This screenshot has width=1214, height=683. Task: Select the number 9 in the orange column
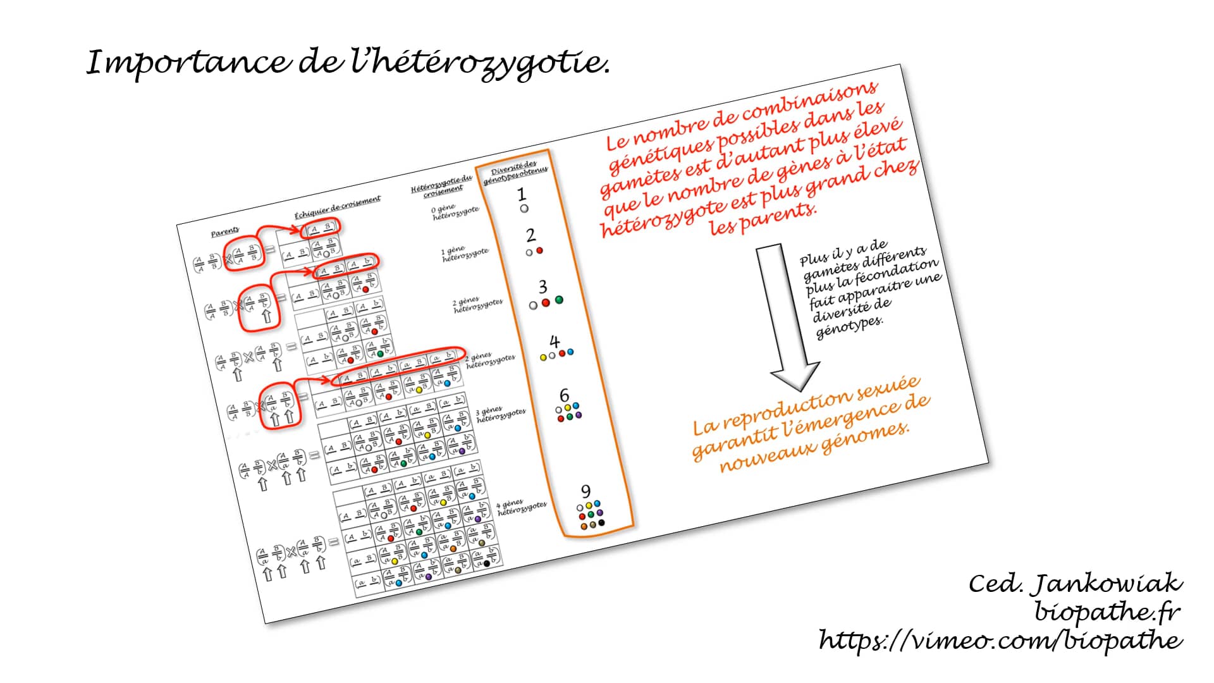[x=586, y=491]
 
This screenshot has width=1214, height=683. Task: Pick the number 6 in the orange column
[x=564, y=396]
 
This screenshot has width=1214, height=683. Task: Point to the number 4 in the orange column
[x=555, y=342]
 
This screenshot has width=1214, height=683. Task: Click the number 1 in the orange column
[x=521, y=194]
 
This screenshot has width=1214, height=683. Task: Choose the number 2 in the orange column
[x=530, y=235]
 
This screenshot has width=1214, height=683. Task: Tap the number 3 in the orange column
[x=543, y=287]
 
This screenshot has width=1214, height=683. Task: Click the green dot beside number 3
[x=559, y=300]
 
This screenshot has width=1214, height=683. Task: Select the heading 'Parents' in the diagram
[x=225, y=233]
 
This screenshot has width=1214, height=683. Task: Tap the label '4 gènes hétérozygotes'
[x=522, y=507]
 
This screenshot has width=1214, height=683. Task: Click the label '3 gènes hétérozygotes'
[x=501, y=415]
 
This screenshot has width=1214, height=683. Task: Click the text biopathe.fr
[x=1107, y=612]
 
